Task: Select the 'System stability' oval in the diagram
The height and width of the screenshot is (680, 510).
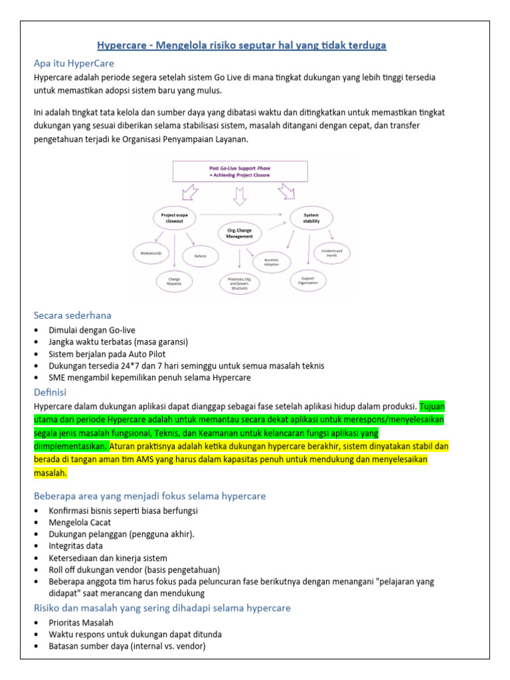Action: (x=311, y=218)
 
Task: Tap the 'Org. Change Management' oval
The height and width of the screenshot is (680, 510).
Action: (x=240, y=233)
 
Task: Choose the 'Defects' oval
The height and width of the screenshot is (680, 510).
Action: (x=201, y=256)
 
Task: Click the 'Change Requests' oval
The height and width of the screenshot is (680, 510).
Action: (x=174, y=282)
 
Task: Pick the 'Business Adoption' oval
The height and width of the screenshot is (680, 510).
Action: (x=272, y=262)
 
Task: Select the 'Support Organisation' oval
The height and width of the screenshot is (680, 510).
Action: (x=309, y=280)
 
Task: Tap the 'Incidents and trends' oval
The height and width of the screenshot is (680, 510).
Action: (x=332, y=253)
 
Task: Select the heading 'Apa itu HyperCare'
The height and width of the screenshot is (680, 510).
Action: (x=74, y=64)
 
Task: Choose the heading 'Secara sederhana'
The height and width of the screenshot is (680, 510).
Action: (x=72, y=315)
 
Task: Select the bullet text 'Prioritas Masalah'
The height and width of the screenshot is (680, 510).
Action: (x=81, y=622)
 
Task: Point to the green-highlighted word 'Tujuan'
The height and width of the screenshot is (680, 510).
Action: (x=434, y=406)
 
